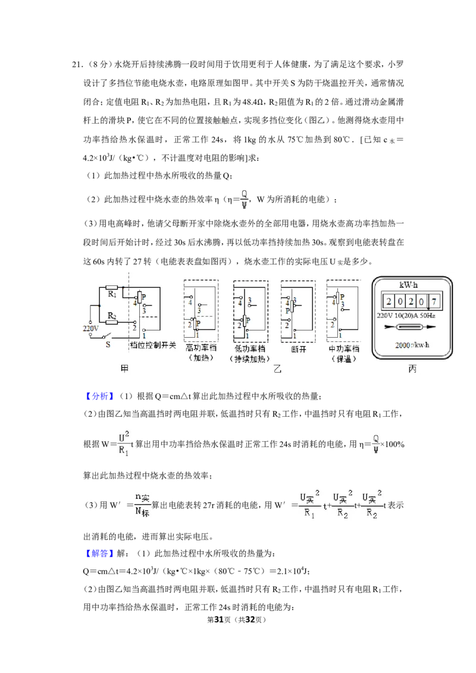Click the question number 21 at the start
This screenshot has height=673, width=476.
pos(77,64)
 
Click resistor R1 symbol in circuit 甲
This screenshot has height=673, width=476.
pos(112,288)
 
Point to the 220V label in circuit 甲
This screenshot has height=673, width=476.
pos(90,328)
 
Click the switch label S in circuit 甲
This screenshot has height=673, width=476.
pos(108,344)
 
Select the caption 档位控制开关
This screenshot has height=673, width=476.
pos(153,345)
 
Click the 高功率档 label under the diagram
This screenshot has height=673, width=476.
pos(201,348)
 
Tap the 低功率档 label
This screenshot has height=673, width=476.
pos(250,348)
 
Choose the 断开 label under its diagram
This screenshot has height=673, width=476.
pos(298,350)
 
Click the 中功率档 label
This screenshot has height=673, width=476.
pos(344,348)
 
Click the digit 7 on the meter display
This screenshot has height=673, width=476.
pos(434,301)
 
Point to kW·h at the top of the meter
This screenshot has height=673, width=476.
pos(408,285)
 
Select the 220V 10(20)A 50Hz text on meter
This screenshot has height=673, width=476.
pos(406,316)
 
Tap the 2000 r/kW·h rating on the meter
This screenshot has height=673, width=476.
pos(412,345)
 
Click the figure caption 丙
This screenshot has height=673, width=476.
pos(412,369)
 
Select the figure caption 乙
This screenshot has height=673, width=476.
pos(277,369)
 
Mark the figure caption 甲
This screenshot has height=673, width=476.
pos(124,369)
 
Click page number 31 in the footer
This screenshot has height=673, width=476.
pos(219,619)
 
